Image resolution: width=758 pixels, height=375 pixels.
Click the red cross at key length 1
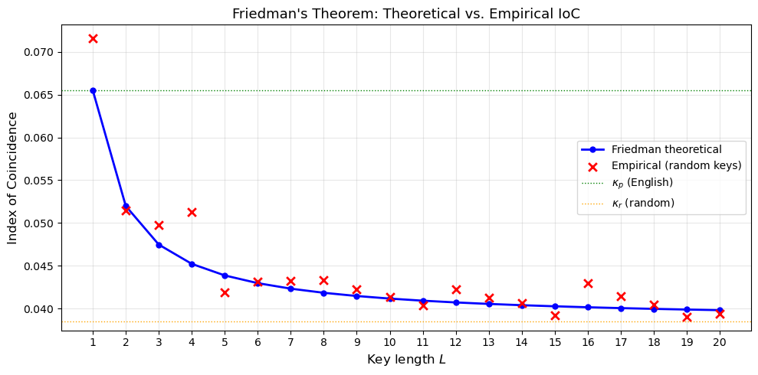pyautogui.click(x=93, y=38)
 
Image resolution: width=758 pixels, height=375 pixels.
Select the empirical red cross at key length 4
pyautogui.click(x=192, y=212)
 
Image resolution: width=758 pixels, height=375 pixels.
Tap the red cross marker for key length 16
pyautogui.click(x=588, y=283)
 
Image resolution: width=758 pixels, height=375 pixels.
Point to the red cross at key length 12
pyautogui.click(x=456, y=289)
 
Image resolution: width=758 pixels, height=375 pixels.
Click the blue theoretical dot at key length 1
pyautogui.click(x=93, y=90)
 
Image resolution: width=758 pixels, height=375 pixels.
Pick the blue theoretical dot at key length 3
pyautogui.click(x=159, y=245)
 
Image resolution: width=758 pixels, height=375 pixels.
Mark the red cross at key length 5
pyautogui.click(x=225, y=292)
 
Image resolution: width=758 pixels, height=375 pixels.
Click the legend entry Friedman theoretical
pyautogui.click(x=666, y=149)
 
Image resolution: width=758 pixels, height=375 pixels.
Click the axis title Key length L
pyautogui.click(x=406, y=359)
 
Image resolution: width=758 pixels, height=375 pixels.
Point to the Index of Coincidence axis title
pyautogui.click(x=13, y=178)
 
